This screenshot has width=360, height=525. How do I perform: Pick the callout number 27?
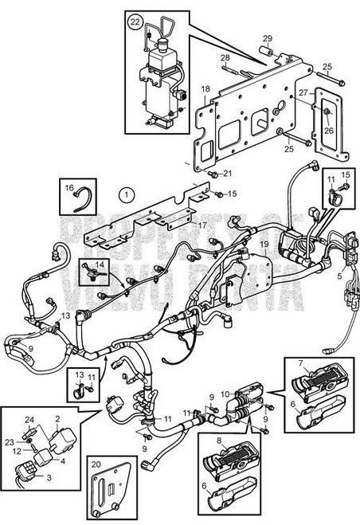click(x=303, y=93)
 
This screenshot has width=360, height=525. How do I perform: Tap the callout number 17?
click(x=203, y=225)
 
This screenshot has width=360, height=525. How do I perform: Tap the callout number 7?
click(x=300, y=362)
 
